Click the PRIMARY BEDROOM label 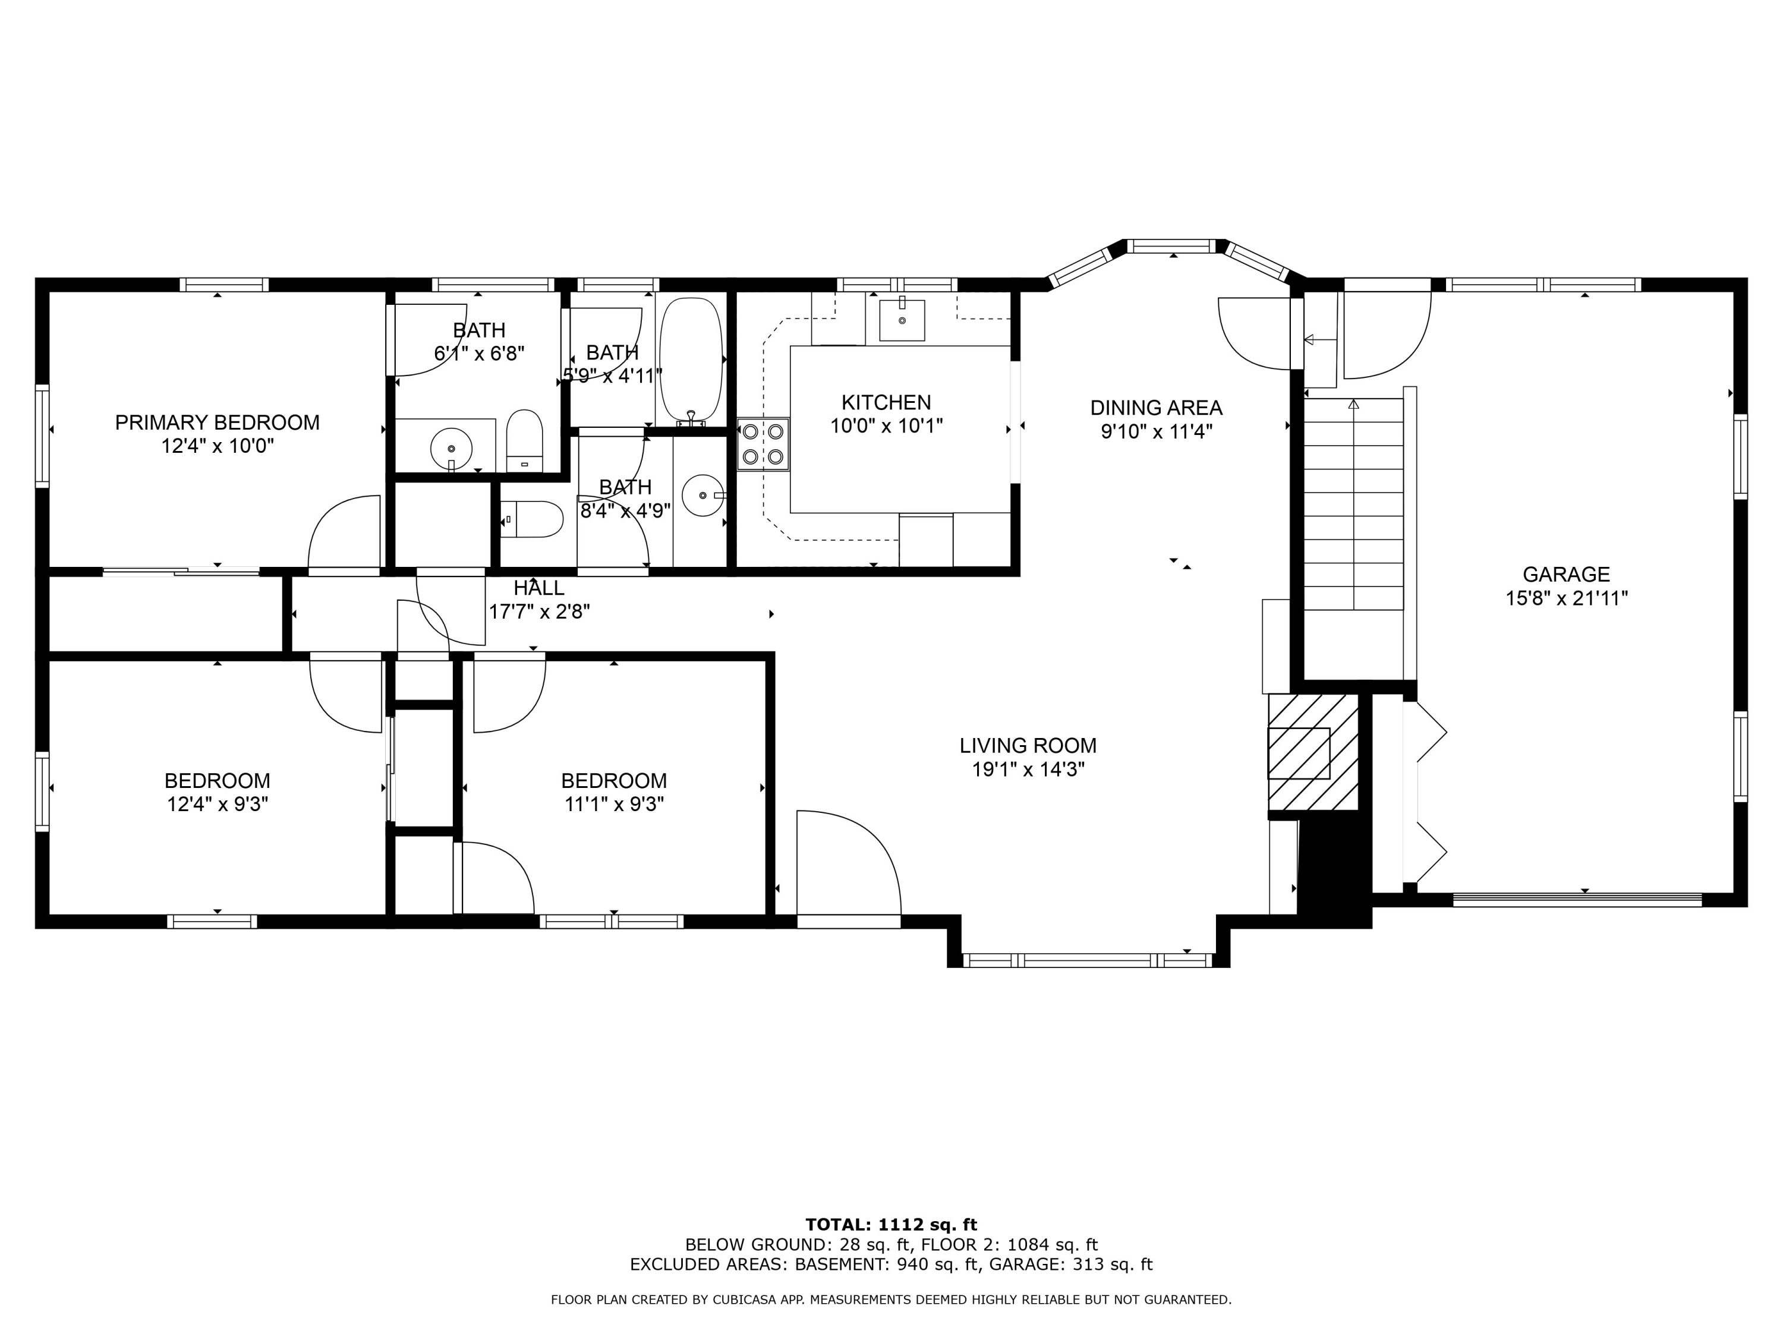coord(217,422)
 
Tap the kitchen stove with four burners coord(763,444)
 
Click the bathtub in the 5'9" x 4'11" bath coord(691,360)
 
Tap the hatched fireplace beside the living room coord(1313,752)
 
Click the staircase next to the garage coord(1354,504)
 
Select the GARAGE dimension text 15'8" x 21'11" coord(1566,598)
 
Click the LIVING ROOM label coord(1028,746)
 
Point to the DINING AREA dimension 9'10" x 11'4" coord(1157,432)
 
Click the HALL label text coord(538,588)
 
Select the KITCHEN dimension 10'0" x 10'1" coord(886,425)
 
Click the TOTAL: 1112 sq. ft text coord(891,1225)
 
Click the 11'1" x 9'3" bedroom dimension coord(613,805)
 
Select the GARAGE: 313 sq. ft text coord(1070,1264)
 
